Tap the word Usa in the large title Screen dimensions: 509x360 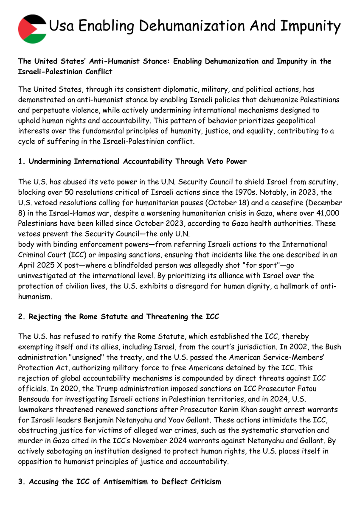62,26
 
